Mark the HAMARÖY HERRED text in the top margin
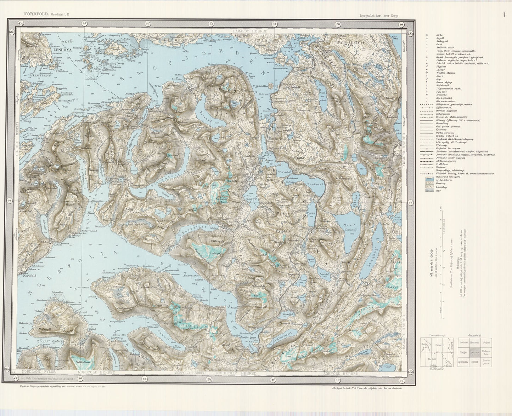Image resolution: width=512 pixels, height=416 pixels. [x=250, y=31]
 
